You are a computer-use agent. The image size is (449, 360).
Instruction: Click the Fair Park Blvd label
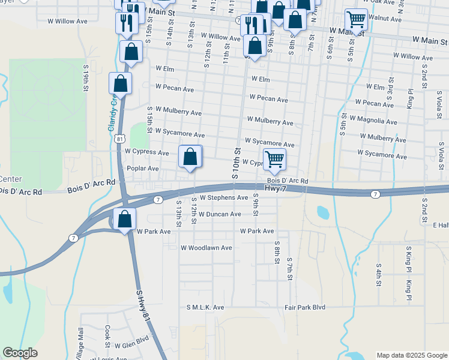[x=304, y=307]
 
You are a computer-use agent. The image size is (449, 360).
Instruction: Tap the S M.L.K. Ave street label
[x=205, y=307]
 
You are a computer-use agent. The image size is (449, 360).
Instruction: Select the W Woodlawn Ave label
[x=206, y=248]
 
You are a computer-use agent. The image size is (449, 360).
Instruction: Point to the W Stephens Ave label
[x=223, y=197]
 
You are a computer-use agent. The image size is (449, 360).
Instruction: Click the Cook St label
[x=107, y=337]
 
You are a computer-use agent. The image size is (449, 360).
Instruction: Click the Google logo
[x=20, y=353]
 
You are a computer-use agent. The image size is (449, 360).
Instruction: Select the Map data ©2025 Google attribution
[x=412, y=355]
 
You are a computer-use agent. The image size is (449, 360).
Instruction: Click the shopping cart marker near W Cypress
[x=274, y=159]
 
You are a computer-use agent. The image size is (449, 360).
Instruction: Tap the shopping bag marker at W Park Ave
[x=125, y=220]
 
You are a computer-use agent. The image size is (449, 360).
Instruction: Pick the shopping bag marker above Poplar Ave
[x=190, y=157]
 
